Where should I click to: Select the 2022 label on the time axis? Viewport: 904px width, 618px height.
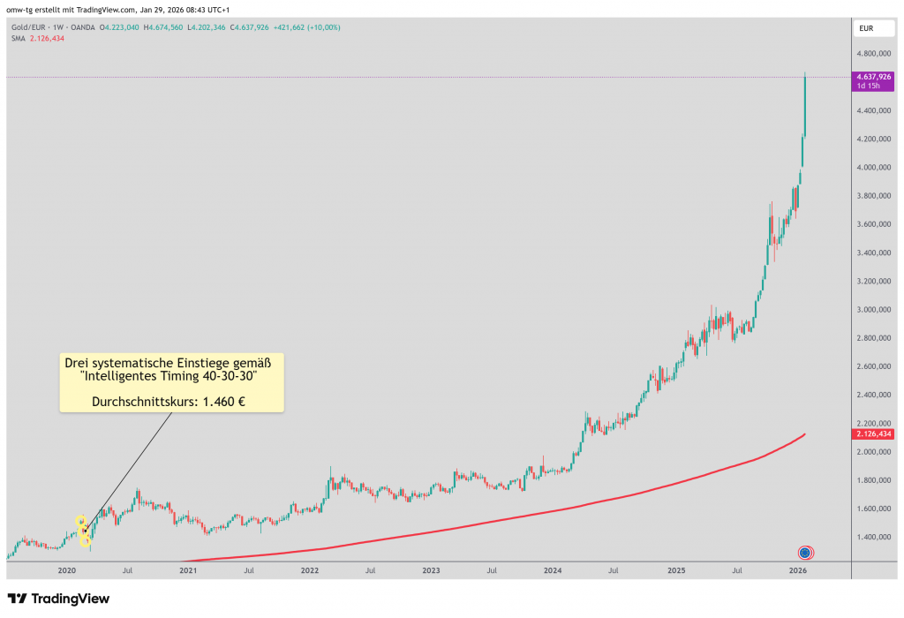tap(309, 571)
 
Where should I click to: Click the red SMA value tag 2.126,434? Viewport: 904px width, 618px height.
tap(874, 434)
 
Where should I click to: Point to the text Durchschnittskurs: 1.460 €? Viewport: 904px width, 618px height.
tap(172, 402)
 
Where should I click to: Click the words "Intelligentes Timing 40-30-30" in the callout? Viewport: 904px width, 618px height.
tap(172, 376)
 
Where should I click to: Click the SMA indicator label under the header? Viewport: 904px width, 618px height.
tap(18, 38)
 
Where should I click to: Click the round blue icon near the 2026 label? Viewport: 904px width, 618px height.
tap(805, 553)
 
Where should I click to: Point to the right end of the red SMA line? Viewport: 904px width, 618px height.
tap(804, 434)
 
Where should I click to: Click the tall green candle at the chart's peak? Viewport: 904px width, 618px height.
tap(805, 106)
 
